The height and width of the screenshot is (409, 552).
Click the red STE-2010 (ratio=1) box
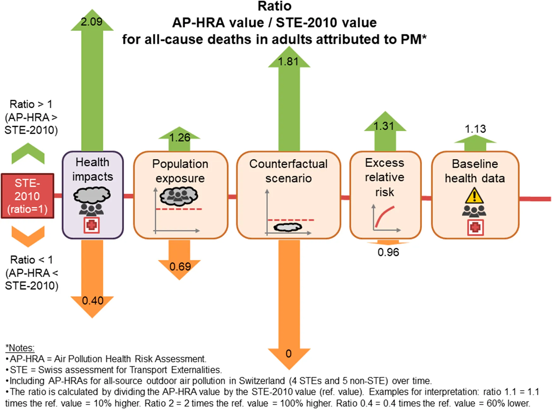pos(27,196)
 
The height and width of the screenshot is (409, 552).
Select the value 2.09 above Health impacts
pos(92,22)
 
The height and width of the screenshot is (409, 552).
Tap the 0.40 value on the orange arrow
pos(93,300)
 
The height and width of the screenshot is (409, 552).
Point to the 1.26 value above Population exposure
pos(180,137)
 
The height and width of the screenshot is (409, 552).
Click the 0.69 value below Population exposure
pos(180,266)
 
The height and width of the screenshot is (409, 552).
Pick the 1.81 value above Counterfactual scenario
pos(288,61)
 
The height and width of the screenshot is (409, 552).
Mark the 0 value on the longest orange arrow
pos(288,353)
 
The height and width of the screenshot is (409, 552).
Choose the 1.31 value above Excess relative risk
pos(384,126)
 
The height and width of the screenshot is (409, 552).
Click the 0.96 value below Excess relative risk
pos(388,252)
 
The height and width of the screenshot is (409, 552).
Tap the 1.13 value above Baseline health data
pos(475,129)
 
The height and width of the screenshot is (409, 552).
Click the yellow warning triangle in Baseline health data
pos(474,196)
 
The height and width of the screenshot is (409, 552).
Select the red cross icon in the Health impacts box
pos(92,225)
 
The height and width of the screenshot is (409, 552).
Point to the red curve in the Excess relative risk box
pos(384,217)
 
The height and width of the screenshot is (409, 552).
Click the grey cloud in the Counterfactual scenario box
pos(288,227)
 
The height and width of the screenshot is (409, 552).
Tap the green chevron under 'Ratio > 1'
pos(28,153)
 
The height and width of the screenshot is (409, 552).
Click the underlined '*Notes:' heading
pos(20,348)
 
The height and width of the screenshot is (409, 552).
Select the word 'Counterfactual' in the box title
pos(288,164)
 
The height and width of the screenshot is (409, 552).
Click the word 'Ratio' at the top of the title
pos(274,6)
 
